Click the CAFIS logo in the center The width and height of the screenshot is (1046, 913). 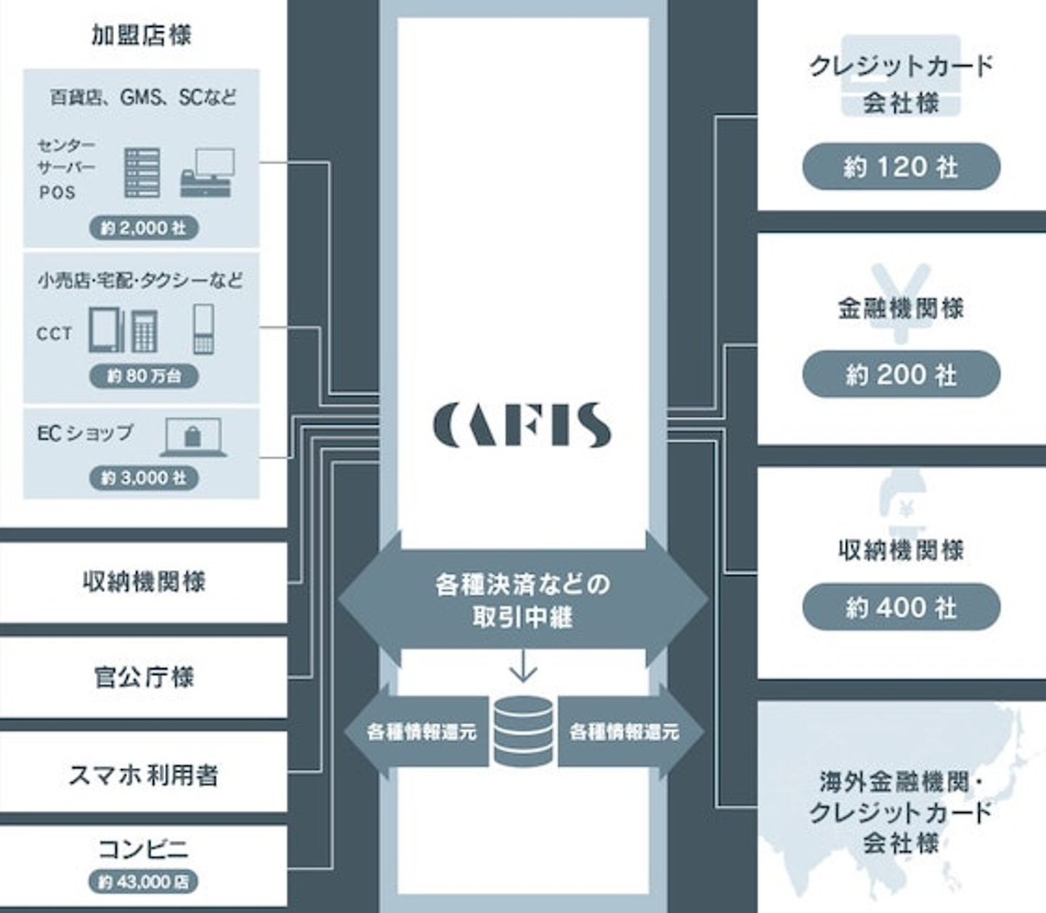[522, 425]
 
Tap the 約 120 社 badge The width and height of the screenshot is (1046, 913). [901, 167]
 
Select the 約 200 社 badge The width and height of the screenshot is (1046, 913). [901, 375]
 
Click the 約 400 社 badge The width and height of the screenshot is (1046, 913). [901, 607]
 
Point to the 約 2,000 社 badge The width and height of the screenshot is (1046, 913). [144, 228]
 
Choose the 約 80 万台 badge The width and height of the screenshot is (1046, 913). [144, 376]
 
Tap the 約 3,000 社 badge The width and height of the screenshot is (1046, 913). [144, 478]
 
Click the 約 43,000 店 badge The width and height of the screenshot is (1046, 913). [144, 882]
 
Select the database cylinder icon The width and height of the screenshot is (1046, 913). [522, 731]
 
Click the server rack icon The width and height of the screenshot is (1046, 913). [142, 173]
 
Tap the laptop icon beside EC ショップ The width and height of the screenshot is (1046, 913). [193, 437]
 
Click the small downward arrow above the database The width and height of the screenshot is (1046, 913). [522, 666]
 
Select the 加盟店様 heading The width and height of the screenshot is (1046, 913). [142, 35]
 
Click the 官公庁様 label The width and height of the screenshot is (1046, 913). [144, 677]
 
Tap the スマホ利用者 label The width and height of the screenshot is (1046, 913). [144, 774]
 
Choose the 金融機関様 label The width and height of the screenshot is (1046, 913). [901, 308]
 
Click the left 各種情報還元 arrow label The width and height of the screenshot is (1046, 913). [421, 731]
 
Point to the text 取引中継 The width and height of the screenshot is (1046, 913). [522, 617]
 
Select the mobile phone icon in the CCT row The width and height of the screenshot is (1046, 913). [203, 329]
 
